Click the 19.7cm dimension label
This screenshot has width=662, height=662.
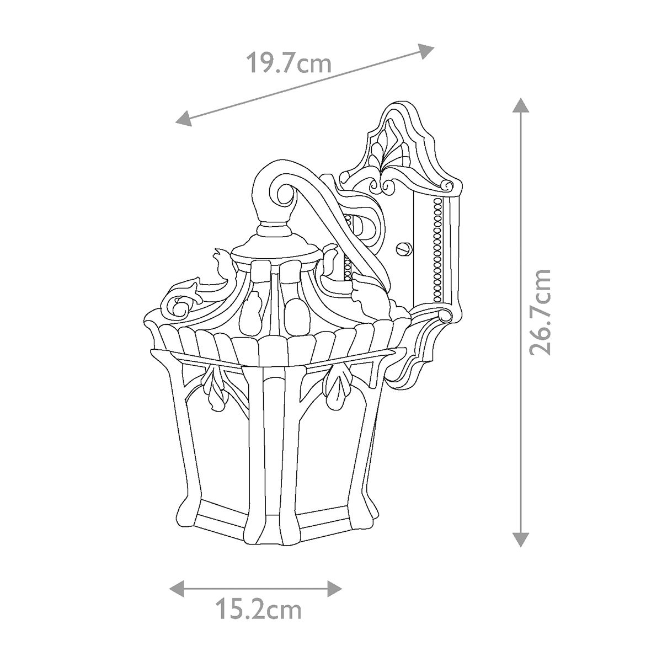click(x=288, y=63)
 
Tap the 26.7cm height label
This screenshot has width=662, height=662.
click(x=539, y=313)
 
